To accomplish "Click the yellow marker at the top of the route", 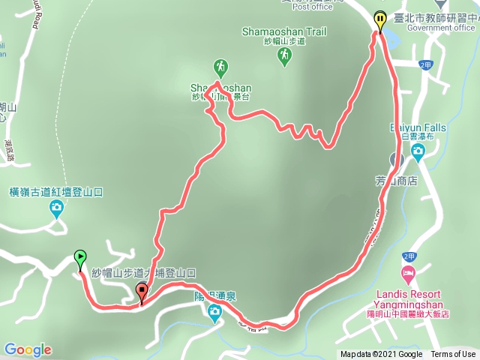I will pyautogui.click(x=381, y=19).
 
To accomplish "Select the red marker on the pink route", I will pyautogui.click(x=142, y=292).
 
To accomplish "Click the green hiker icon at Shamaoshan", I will pyautogui.click(x=220, y=66).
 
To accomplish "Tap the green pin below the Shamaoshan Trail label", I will pyautogui.click(x=284, y=58).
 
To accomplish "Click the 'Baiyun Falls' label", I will pyautogui.click(x=418, y=128).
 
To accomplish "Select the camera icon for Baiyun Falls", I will pyautogui.click(x=418, y=152).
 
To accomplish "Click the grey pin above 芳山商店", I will pyautogui.click(x=395, y=159).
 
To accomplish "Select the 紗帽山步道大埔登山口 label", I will pyautogui.click(x=143, y=274).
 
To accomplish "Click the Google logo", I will pyautogui.click(x=28, y=349).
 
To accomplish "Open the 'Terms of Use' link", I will pyautogui.click(x=453, y=355).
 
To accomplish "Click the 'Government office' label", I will pyautogui.click(x=442, y=28).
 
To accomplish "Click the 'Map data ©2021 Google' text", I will pyautogui.click(x=381, y=355).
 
